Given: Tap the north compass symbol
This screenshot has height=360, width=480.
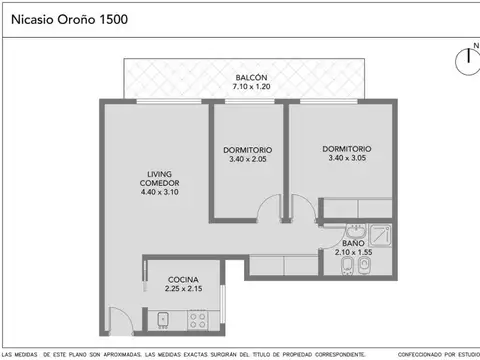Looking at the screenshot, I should (466, 60).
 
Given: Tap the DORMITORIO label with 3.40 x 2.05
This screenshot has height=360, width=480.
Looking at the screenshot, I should (247, 151).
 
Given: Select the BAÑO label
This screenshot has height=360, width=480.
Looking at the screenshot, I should (352, 243).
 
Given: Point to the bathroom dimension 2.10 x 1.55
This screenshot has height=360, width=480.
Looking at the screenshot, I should (352, 253).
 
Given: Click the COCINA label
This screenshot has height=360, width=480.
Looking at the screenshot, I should (182, 280).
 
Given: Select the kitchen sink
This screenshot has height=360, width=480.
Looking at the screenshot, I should (163, 320).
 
